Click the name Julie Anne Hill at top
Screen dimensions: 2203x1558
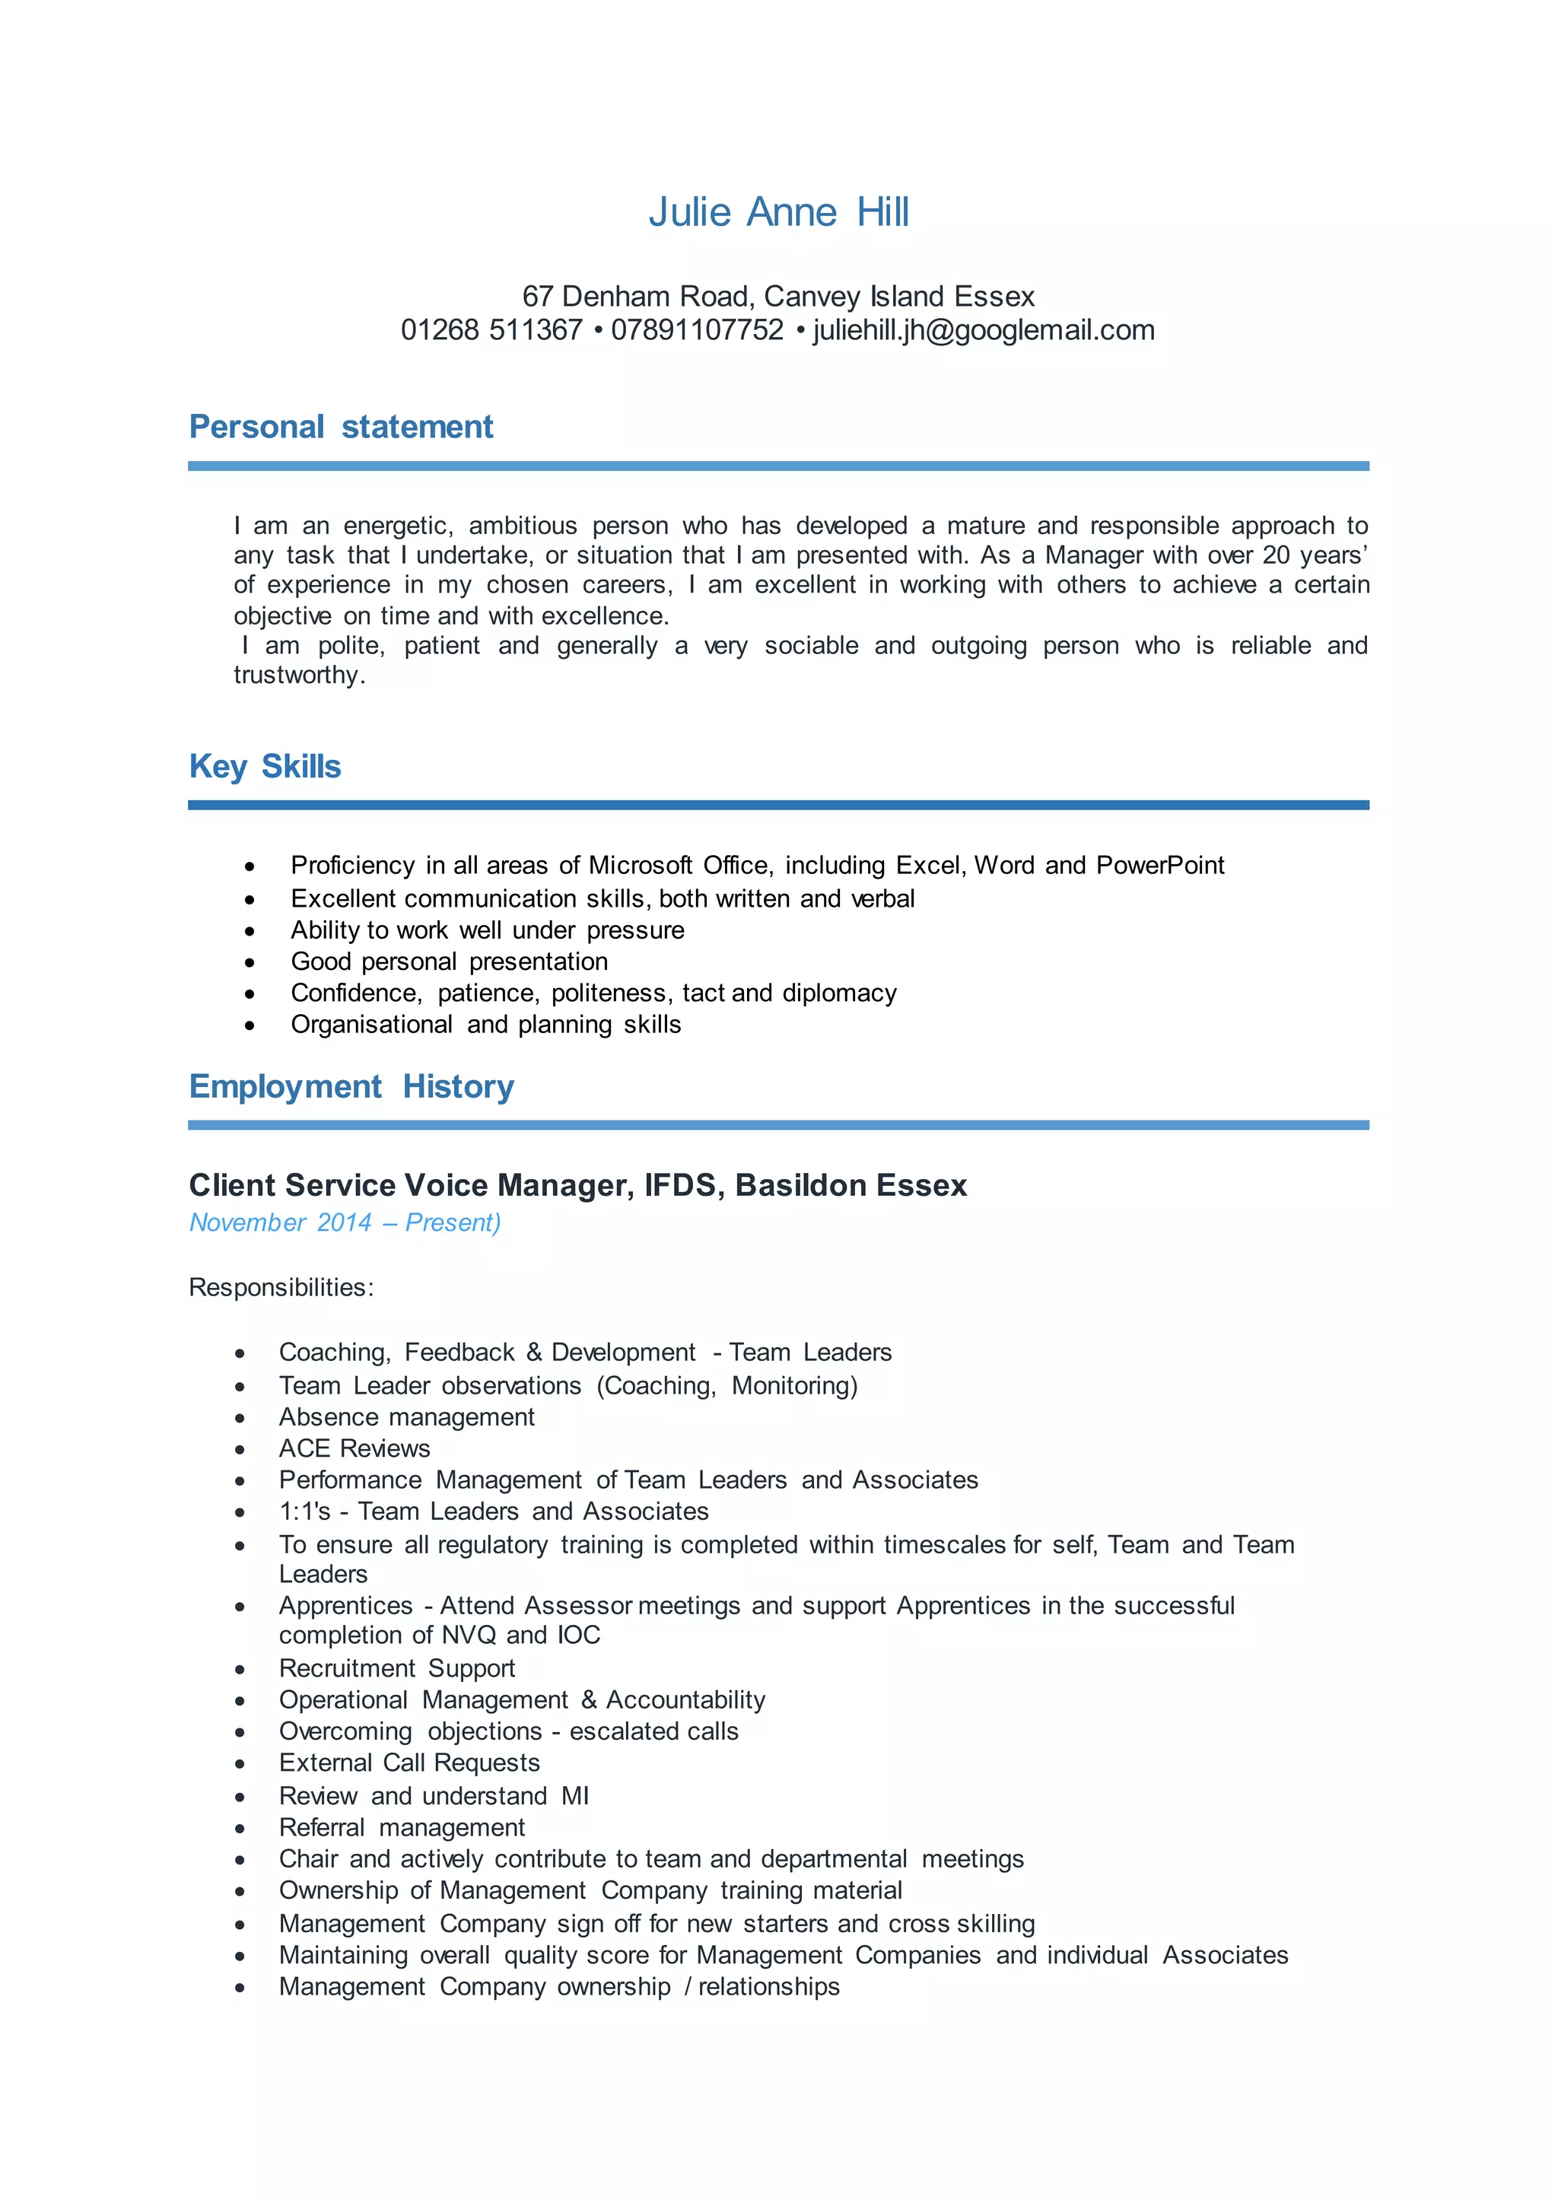tap(778, 212)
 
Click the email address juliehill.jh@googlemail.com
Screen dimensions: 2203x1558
tap(984, 330)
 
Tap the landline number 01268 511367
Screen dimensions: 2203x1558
tap(491, 330)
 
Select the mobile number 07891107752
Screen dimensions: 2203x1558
tap(698, 330)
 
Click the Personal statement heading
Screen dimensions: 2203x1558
tap(341, 427)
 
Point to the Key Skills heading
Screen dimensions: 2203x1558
tap(265, 767)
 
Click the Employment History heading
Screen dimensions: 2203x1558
tap(351, 1086)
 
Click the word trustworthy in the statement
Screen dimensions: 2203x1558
tap(297, 676)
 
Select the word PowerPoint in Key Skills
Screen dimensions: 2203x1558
tap(1160, 866)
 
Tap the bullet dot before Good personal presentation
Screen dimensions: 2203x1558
tap(250, 962)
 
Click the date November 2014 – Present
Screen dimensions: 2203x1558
tap(345, 1222)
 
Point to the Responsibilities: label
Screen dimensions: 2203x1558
tap(281, 1288)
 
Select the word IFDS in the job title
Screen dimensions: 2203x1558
tap(680, 1186)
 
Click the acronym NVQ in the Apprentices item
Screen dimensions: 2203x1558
tap(468, 1636)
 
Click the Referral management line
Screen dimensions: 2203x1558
tap(402, 1828)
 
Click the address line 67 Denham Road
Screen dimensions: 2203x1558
tap(778, 297)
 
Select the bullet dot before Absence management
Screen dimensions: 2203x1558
tap(240, 1418)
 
